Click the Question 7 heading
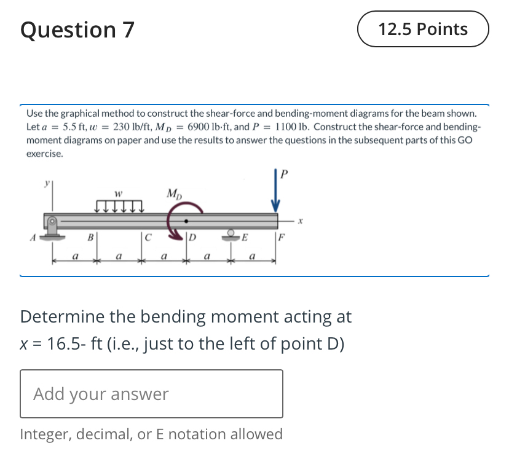pos(77,29)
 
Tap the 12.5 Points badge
pos(423,29)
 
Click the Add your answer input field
pos(151,394)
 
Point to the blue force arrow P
pos(276,196)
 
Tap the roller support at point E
pos(233,233)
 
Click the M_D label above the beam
pos(174,195)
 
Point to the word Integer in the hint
pos(44,434)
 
